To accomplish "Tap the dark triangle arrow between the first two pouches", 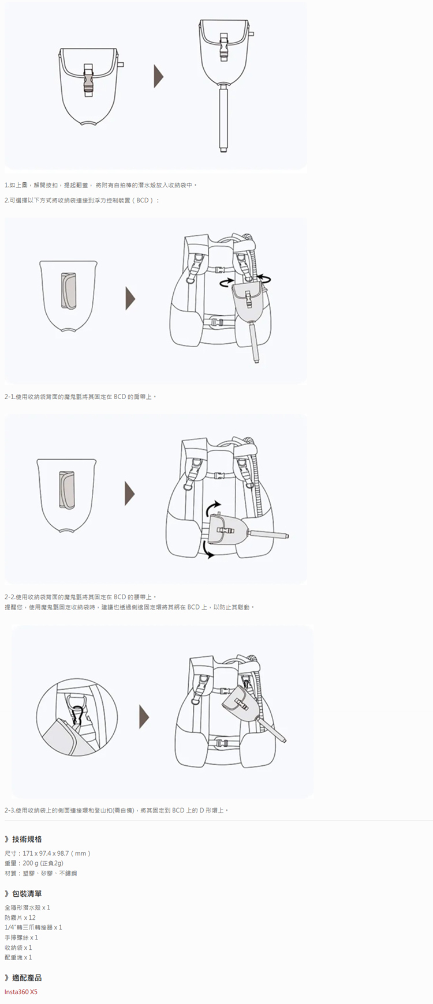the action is pyautogui.click(x=158, y=76).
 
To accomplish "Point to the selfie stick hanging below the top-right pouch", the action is pyautogui.click(x=223, y=118).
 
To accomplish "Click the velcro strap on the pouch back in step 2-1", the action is pyautogui.click(x=67, y=291).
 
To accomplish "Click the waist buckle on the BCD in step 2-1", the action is pyautogui.click(x=217, y=322).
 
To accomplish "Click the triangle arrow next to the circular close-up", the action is pyautogui.click(x=144, y=717).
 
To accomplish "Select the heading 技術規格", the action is pyautogui.click(x=27, y=839).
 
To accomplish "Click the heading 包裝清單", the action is pyautogui.click(x=27, y=894).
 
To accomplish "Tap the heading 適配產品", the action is pyautogui.click(x=27, y=977).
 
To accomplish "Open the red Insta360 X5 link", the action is pyautogui.click(x=21, y=992).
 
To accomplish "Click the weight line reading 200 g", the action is pyautogui.click(x=34, y=863).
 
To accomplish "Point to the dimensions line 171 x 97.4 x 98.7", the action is pyautogui.click(x=47, y=853).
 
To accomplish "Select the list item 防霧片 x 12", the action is pyautogui.click(x=20, y=917).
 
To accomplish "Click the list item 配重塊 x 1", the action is pyautogui.click(x=18, y=957).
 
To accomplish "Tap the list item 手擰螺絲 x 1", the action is pyautogui.click(x=21, y=937).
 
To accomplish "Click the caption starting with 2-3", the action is pyautogui.click(x=116, y=810).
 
